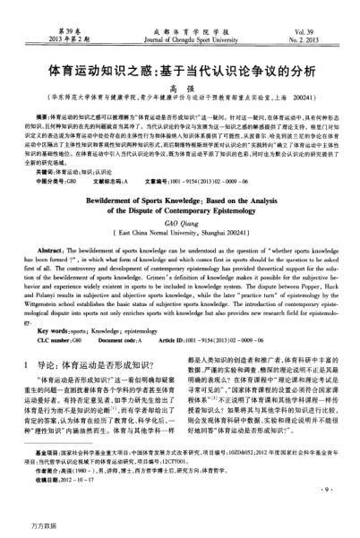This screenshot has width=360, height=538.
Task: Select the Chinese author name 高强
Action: (x=180, y=88)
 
